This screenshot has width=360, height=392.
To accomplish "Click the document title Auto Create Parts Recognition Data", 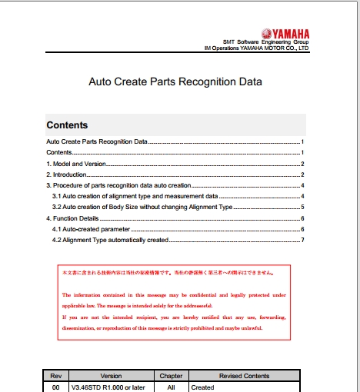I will coord(175,81).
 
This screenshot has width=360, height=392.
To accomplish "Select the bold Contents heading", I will coord(67,125).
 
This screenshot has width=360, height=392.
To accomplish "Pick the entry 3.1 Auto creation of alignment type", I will coord(135,196).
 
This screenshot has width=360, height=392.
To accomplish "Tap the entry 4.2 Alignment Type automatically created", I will coord(109,240).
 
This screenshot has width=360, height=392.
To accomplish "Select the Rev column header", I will coord(55,376).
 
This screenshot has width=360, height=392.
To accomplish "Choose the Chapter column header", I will coord(170,376).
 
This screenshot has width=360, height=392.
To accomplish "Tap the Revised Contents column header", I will coord(245,376).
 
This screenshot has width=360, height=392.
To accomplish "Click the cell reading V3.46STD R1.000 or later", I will coord(108,387).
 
